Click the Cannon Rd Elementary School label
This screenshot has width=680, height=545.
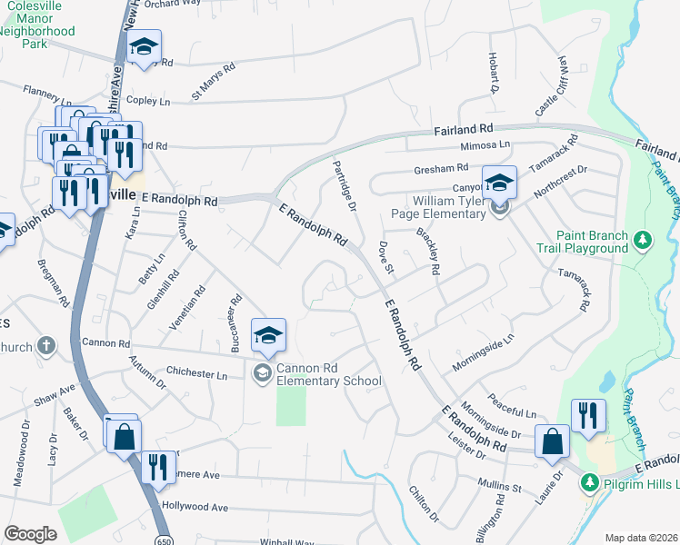click(329, 374)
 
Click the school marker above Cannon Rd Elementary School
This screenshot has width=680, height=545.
click(268, 336)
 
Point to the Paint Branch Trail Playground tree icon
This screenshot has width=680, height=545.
click(644, 241)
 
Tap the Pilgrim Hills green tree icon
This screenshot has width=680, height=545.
click(590, 481)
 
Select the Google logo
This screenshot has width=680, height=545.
click(30, 534)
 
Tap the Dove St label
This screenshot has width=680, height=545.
click(385, 257)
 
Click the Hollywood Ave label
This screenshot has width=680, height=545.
click(195, 506)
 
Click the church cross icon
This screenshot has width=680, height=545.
click(47, 346)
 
